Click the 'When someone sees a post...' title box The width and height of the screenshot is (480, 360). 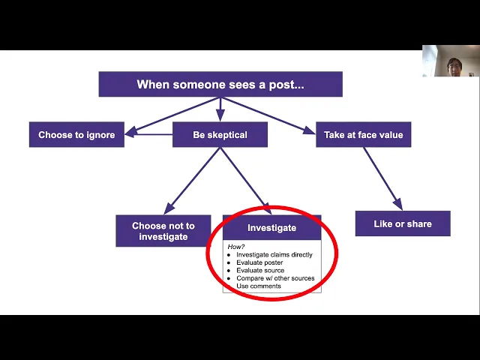(x=220, y=85)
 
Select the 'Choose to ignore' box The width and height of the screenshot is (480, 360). (x=76, y=135)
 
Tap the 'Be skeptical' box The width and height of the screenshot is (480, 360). (x=220, y=135)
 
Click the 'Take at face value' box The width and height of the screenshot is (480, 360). (x=363, y=135)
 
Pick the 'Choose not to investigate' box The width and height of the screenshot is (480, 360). (x=163, y=231)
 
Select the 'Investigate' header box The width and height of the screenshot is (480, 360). (x=271, y=228)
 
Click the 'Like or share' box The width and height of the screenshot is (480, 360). (x=402, y=223)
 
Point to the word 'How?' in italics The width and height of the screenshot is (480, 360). (x=236, y=246)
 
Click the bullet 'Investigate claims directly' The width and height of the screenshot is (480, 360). (x=274, y=255)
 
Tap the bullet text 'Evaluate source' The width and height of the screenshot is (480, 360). (x=260, y=271)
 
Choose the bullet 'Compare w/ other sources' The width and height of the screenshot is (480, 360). (x=275, y=278)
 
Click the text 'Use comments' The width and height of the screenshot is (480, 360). (x=259, y=286)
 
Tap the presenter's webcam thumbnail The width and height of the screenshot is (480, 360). (x=450, y=61)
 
